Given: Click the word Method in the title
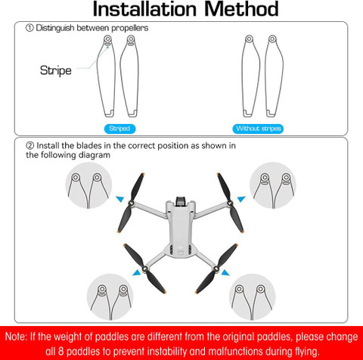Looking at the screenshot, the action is coord(241,9).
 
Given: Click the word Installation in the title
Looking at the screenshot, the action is coord(144,9).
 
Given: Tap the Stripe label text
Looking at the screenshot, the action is coord(56,70).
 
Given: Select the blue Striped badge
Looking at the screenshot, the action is coord(119,129).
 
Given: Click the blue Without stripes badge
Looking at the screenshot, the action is coord(258,129).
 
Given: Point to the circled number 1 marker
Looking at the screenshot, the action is coord(29,28).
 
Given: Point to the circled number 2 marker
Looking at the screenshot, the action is coord(29,145).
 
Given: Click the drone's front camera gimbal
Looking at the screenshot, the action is coord(181,200).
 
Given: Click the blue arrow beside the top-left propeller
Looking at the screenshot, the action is coord(120,199).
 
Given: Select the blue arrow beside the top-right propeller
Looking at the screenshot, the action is coord(241,199).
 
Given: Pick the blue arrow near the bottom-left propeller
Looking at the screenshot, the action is coord(137,273).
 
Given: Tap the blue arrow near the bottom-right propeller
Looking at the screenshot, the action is coord(225,273).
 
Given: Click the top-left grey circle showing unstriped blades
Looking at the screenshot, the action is coord(88,185).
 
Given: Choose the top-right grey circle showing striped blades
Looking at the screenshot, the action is coord(273,185).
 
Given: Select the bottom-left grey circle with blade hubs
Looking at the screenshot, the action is coord(110,297).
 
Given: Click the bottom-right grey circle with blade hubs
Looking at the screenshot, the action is coord(252,297).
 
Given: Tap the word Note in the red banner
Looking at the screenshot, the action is coord(16,337).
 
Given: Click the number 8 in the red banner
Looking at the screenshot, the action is coord(61,351).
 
